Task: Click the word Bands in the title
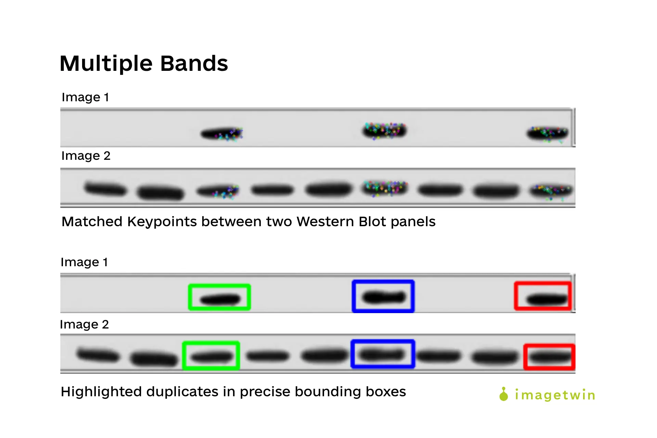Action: pyautogui.click(x=194, y=64)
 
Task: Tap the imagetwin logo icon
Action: pyautogui.click(x=503, y=394)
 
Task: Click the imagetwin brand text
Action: pyautogui.click(x=555, y=395)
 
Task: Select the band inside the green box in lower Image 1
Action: pyautogui.click(x=220, y=300)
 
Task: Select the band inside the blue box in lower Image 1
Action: pyautogui.click(x=384, y=297)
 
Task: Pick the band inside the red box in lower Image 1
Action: pyautogui.click(x=546, y=300)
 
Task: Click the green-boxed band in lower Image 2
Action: pyautogui.click(x=211, y=357)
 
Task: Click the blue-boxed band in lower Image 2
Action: pyautogui.click(x=382, y=354)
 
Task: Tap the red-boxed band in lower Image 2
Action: pyautogui.click(x=549, y=358)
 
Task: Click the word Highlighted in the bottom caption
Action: pyautogui.click(x=101, y=392)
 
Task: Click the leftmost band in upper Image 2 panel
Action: pyautogui.click(x=105, y=189)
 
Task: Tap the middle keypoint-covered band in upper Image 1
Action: pyautogui.click(x=384, y=131)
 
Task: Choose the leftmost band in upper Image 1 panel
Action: pyautogui.click(x=221, y=133)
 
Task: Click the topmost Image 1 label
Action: pyautogui.click(x=85, y=97)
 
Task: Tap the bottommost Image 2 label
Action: pyautogui.click(x=84, y=324)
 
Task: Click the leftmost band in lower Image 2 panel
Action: pyautogui.click(x=98, y=355)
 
